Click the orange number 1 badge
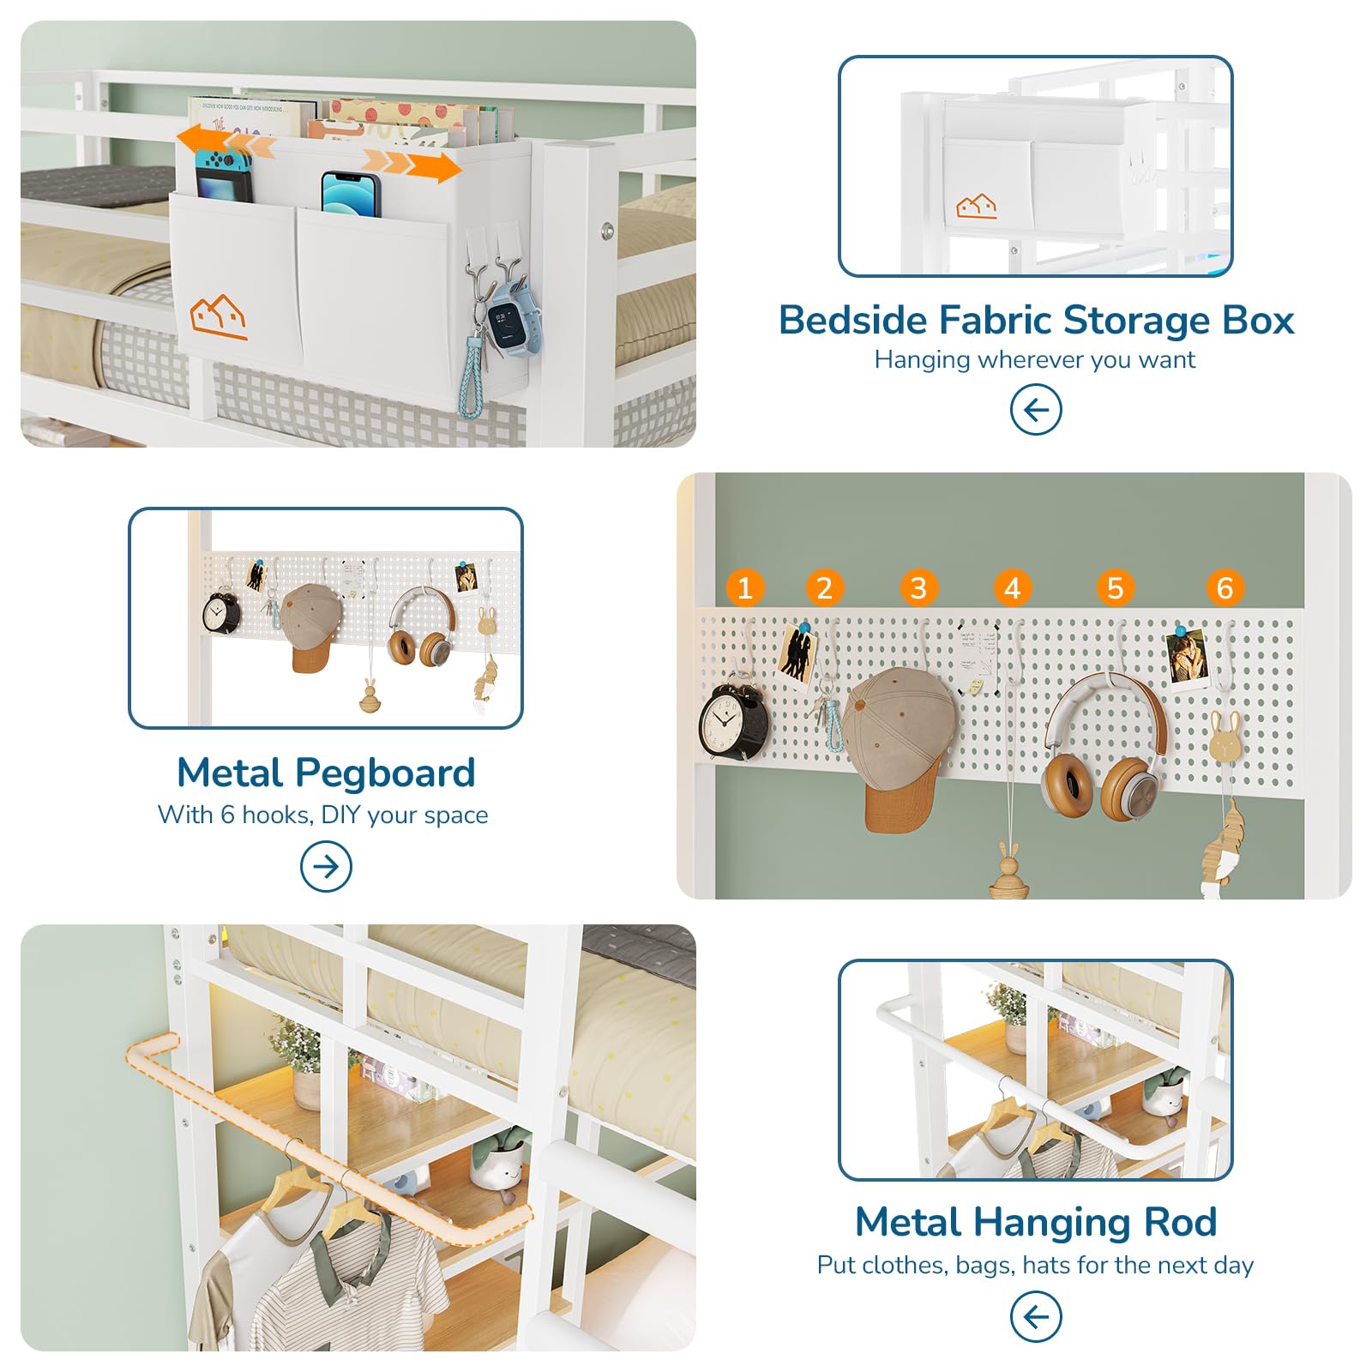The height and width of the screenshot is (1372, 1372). click(x=744, y=588)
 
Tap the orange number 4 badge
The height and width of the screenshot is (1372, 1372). click(x=1013, y=588)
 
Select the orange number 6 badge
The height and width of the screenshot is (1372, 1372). click(x=1225, y=588)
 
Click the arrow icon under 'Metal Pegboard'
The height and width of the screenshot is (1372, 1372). click(x=326, y=866)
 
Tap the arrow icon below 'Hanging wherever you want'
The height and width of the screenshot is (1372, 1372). click(x=1036, y=410)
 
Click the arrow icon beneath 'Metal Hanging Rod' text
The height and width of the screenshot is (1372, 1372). click(x=1036, y=1316)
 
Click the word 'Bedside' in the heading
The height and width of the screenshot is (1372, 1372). click(x=852, y=321)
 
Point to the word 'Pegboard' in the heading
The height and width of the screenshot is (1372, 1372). click(x=385, y=773)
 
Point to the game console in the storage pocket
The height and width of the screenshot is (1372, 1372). click(x=224, y=176)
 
